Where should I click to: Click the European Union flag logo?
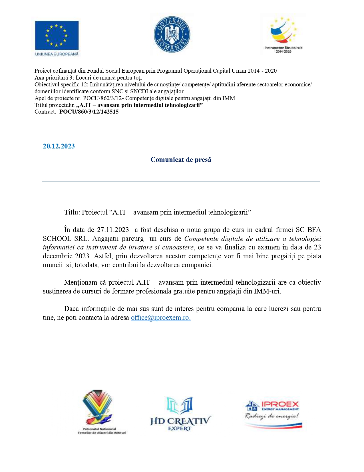57,35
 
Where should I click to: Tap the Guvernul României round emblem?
172,34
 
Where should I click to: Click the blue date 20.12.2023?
59,146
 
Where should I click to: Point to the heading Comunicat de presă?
181,160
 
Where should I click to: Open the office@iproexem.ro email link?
160,318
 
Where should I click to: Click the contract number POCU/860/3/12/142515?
89,112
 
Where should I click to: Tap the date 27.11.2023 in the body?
113,230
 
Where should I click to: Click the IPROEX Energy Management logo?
273,414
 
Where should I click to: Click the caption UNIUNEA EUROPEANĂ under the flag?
57,54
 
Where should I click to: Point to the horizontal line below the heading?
181,181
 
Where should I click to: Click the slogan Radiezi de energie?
272,416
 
